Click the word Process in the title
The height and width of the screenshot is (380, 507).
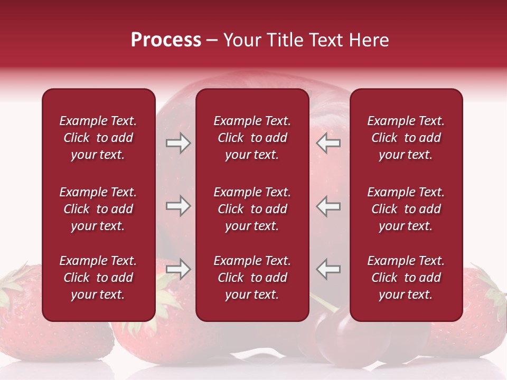point(166,40)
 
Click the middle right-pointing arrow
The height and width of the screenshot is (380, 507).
point(179,206)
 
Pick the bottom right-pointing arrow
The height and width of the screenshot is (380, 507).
point(179,269)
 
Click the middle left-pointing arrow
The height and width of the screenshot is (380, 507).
point(328,206)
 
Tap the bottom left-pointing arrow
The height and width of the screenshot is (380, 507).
point(328,269)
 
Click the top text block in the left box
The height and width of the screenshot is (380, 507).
point(98,138)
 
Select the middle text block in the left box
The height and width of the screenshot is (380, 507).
point(98,209)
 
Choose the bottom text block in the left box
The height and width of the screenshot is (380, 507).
point(98,278)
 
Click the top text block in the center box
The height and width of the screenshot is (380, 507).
point(252,138)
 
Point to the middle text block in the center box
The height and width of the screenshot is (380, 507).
point(252,209)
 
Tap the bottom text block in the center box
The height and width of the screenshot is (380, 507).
point(252,278)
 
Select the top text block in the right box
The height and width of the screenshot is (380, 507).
point(406,138)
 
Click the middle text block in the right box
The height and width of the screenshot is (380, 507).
point(406,209)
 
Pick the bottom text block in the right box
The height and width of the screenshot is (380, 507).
point(406,278)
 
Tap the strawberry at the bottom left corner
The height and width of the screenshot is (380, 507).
point(48,327)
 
